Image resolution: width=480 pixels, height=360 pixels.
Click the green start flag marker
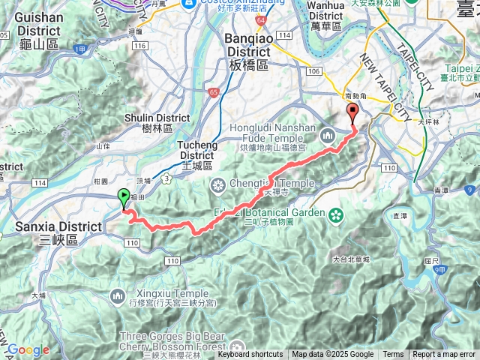(x=124, y=199)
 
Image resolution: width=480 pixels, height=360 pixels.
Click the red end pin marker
(x=353, y=113)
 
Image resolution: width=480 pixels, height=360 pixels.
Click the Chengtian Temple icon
(x=218, y=185)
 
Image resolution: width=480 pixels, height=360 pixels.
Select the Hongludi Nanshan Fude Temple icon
(x=327, y=135)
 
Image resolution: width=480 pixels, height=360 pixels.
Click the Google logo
(x=28, y=349)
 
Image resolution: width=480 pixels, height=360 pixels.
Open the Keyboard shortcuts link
(x=250, y=355)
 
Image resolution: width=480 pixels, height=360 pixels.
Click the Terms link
(x=393, y=355)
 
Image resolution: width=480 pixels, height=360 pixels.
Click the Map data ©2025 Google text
(x=332, y=355)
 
